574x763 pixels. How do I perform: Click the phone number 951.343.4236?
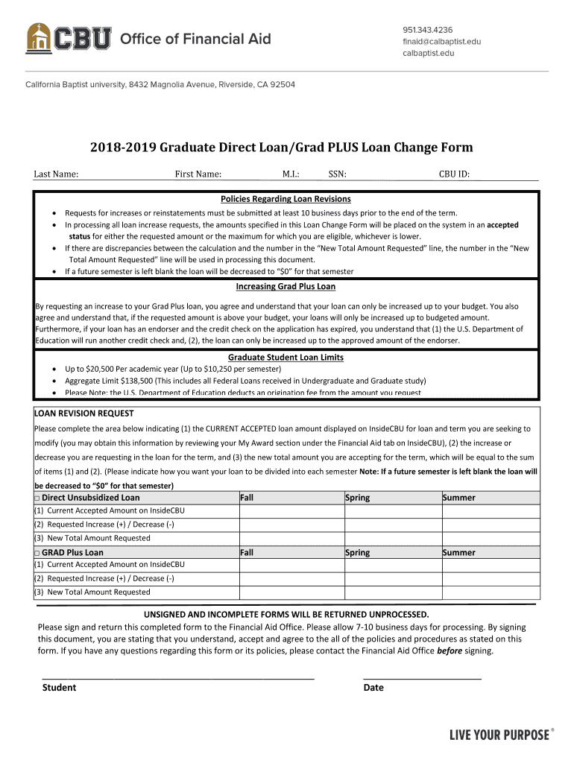[428, 30]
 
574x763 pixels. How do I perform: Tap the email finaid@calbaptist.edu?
[441, 42]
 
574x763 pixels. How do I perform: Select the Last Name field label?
[56, 174]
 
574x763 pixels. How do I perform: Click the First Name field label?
[198, 174]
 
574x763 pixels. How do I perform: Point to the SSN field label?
[337, 174]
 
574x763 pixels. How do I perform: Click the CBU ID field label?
[454, 174]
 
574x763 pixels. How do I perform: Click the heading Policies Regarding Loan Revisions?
[286, 199]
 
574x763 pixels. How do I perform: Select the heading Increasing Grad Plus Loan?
[286, 286]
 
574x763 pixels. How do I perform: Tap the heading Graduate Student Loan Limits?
[286, 357]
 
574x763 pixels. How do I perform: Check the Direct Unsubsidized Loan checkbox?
[37, 498]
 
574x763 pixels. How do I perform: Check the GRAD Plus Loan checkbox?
[37, 553]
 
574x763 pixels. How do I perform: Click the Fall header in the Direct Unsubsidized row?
[247, 498]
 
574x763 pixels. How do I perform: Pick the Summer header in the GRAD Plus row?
[459, 553]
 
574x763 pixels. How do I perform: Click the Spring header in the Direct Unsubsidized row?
[358, 498]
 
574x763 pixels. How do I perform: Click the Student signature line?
[178, 677]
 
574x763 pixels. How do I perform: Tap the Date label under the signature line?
[373, 688]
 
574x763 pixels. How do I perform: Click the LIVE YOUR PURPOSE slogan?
[499, 735]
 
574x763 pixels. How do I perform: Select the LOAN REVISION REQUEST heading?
[84, 413]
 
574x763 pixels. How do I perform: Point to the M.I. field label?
[291, 174]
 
